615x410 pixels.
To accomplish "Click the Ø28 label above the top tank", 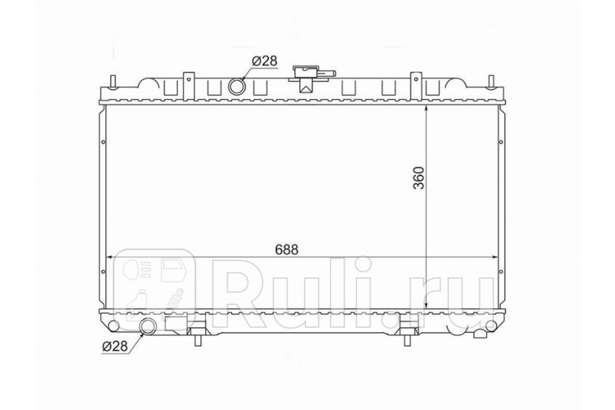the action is click(x=264, y=61).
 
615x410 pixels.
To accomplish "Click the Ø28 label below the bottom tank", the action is click(x=115, y=346).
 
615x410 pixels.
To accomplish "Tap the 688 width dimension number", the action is click(x=286, y=250).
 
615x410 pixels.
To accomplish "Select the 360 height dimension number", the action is click(x=419, y=178).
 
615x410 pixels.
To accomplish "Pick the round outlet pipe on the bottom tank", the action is click(x=148, y=326).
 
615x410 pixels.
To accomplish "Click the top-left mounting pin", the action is click(x=113, y=82).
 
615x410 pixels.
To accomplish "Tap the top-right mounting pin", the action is click(x=491, y=82).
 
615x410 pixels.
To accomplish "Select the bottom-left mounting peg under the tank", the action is click(x=198, y=340).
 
